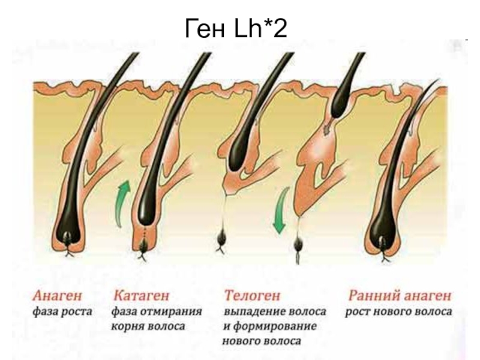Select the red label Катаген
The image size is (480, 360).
(140, 296)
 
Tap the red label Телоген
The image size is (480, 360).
(252, 296)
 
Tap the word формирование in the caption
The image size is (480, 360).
(277, 327)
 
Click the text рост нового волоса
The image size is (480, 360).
(398, 312)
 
